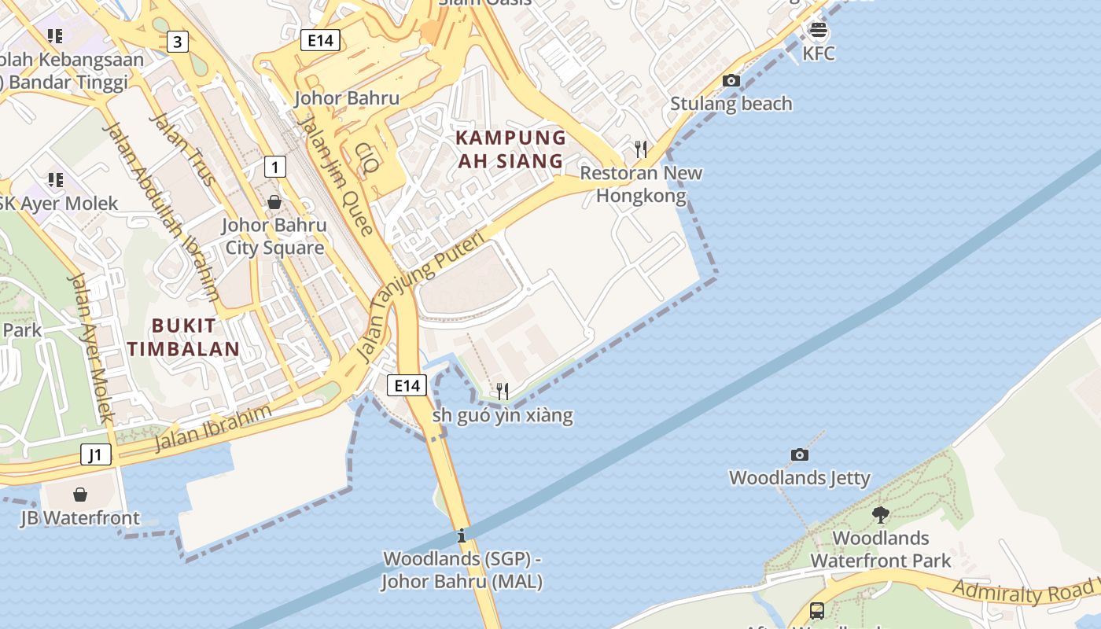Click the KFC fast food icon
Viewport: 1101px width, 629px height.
(x=819, y=31)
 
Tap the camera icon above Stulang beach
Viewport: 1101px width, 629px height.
(x=731, y=80)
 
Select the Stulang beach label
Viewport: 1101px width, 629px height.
(x=731, y=104)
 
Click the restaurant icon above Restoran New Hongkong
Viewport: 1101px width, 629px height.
(x=641, y=149)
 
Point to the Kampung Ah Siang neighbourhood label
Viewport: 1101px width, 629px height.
(x=510, y=149)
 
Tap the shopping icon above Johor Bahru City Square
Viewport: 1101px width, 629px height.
(x=274, y=202)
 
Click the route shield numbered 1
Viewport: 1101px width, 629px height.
(x=274, y=167)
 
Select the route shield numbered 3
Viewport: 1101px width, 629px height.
(x=177, y=42)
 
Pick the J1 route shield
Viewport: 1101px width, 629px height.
(x=96, y=454)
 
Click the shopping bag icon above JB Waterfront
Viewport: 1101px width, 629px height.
(x=80, y=494)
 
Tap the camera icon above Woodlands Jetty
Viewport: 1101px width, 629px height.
(x=799, y=454)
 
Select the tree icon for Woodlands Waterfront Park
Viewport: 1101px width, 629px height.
(x=880, y=515)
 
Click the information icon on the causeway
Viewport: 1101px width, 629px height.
(x=462, y=537)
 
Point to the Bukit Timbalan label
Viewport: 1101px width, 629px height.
(x=183, y=337)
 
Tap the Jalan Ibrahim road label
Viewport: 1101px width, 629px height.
(x=213, y=428)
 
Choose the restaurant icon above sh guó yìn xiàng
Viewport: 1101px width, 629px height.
(x=503, y=391)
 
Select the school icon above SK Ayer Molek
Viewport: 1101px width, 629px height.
(x=55, y=180)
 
